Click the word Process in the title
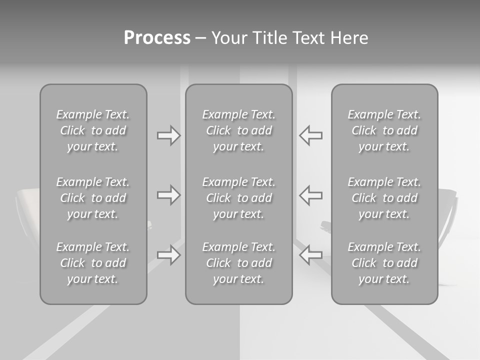pos(157,38)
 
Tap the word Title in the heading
pos(271,38)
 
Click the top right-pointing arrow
pos(168,135)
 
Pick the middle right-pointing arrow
pos(168,195)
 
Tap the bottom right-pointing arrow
pos(168,255)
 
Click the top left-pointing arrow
pos(310,135)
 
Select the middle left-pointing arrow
pos(310,195)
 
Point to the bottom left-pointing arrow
pos(310,255)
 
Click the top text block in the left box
pos(93,130)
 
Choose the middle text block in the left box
pos(93,198)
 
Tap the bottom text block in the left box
pos(93,263)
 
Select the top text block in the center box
pos(238,130)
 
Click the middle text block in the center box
pos(238,198)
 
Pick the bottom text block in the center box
pos(238,263)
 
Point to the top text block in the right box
pos(384,130)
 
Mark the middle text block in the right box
pos(384,198)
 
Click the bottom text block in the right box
pos(384,263)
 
